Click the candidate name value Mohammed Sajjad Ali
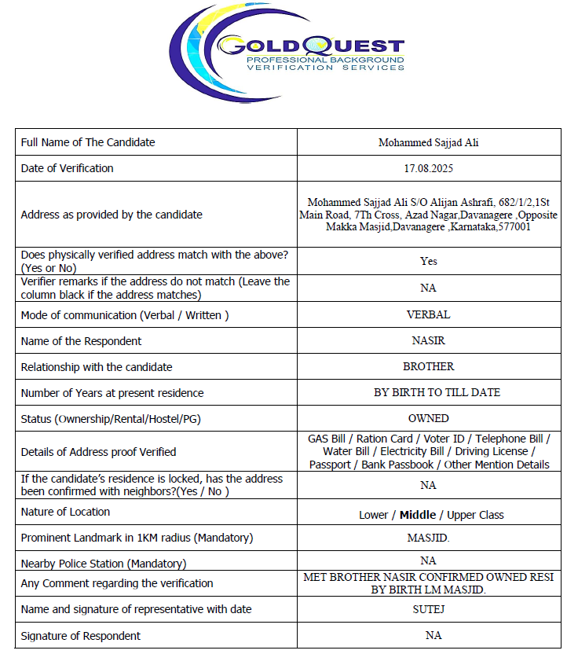point(428,143)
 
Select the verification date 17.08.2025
point(428,168)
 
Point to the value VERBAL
point(428,314)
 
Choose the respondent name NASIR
point(428,341)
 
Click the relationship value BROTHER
point(428,366)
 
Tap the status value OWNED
point(428,418)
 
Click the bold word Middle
point(417,515)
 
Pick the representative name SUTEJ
point(428,609)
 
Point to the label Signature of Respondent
point(81,636)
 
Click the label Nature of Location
point(65,512)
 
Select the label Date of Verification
point(67,168)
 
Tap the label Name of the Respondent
point(81,341)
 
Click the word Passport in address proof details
point(330,465)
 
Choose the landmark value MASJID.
point(428,538)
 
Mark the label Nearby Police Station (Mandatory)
point(104,564)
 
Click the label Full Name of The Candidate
point(88,142)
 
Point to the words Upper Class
point(475,515)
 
